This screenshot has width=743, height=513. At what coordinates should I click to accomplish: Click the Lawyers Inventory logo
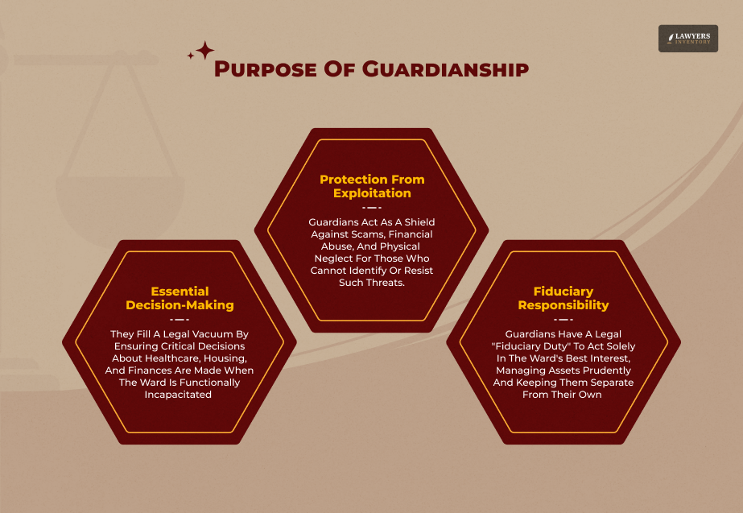click(x=687, y=39)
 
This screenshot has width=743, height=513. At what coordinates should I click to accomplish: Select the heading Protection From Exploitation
click(x=372, y=186)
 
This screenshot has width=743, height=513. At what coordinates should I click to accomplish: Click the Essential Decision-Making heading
click(x=180, y=298)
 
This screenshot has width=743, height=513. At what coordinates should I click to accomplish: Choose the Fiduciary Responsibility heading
click(x=563, y=298)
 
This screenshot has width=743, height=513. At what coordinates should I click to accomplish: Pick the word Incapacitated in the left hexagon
click(x=179, y=395)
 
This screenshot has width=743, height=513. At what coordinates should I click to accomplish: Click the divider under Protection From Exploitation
click(x=372, y=207)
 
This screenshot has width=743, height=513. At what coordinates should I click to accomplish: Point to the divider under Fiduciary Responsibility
click(x=563, y=319)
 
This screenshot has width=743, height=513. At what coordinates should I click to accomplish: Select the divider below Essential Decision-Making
click(x=180, y=319)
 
